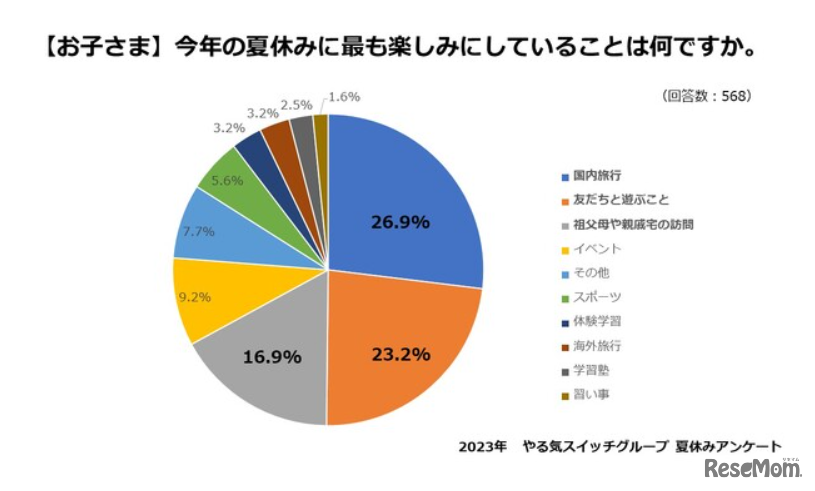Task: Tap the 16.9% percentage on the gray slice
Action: coord(272,355)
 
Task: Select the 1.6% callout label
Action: coord(344,97)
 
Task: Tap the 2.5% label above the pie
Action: coord(296,103)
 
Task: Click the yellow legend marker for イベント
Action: coord(565,249)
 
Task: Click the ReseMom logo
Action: coord(752,469)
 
